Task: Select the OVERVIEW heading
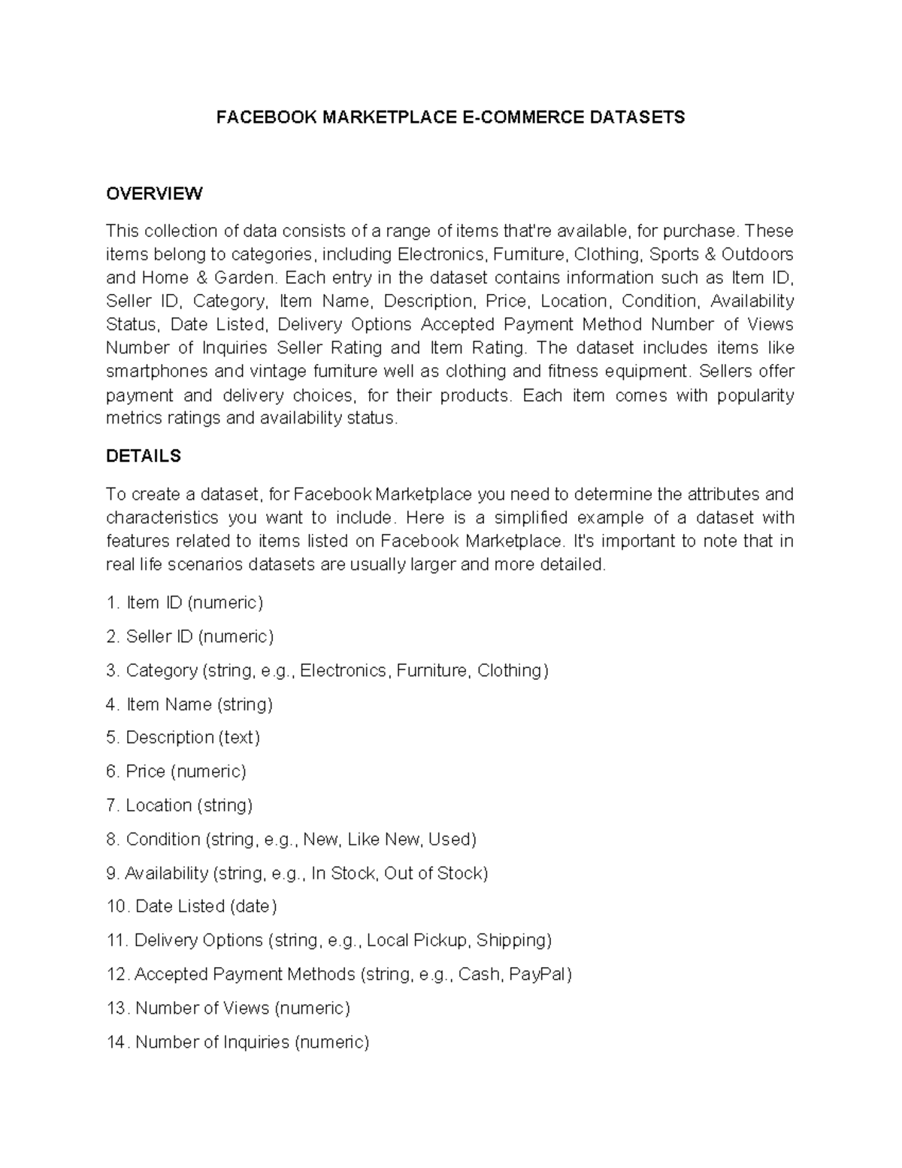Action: tap(154, 193)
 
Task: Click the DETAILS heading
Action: tap(144, 456)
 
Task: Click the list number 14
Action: tap(117, 1042)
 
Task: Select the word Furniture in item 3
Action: tap(431, 670)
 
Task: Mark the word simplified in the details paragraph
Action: tap(539, 518)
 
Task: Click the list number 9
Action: tap(113, 872)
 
